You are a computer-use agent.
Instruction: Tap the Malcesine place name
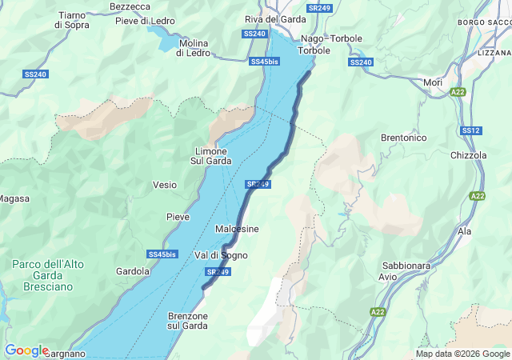238,229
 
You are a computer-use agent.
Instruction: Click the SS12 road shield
470,130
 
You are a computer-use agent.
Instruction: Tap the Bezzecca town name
130,6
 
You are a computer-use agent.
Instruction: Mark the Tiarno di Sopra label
72,20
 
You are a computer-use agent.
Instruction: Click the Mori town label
433,82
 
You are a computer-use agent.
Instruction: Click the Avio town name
387,277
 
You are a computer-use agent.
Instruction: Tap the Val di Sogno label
221,255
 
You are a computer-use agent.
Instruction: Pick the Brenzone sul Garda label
188,321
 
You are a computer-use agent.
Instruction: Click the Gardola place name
133,271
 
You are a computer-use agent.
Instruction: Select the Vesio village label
165,185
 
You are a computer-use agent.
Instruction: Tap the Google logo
26,350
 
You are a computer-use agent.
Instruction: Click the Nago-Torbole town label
331,38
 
